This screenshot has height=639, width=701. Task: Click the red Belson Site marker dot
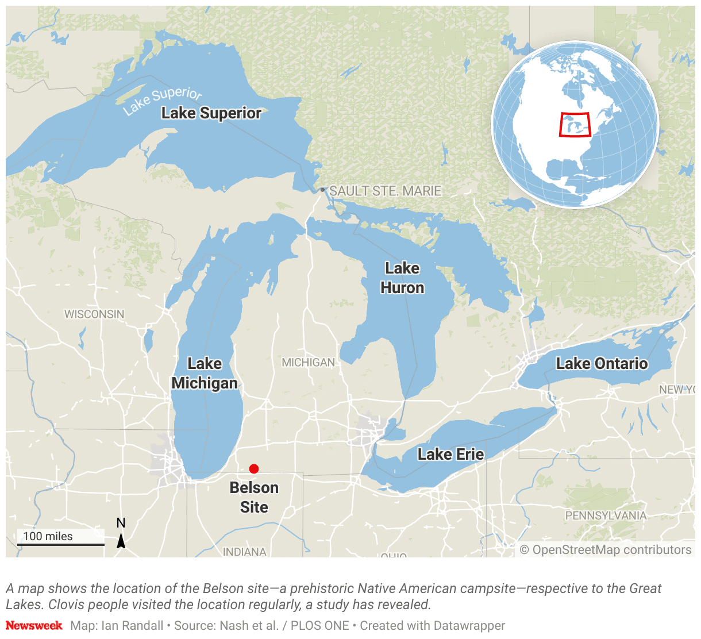254,469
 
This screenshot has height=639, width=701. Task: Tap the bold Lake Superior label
211,113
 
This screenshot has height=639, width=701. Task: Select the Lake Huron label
402,278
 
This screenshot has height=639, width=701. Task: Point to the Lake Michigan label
205,374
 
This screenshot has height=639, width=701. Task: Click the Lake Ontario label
602,364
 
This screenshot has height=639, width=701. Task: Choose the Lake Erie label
450,455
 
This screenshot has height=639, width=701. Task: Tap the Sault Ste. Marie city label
386,191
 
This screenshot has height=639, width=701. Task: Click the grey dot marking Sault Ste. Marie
323,190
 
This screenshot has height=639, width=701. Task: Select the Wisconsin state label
94,314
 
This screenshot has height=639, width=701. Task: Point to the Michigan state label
308,363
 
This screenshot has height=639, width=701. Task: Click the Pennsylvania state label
606,515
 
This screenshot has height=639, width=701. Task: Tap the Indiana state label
245,552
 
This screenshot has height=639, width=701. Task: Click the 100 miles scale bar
60,544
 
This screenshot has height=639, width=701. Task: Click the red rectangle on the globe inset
575,125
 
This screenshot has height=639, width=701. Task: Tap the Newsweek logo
34,625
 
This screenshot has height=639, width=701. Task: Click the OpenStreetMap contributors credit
606,550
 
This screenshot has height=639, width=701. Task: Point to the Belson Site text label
254,498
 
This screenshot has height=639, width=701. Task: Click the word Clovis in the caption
66,605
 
